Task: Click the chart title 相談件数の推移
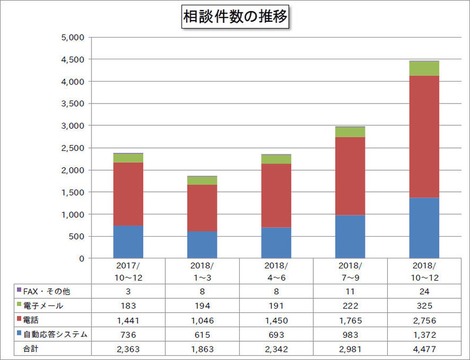point(235,17)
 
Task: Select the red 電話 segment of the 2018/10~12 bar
point(424,136)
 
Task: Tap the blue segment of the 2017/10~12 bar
point(128,242)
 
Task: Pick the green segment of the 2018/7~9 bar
point(350,132)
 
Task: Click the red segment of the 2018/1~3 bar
point(202,208)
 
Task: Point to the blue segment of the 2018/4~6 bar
point(276,243)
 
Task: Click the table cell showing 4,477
point(424,349)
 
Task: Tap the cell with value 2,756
point(424,320)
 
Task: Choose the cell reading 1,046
point(202,320)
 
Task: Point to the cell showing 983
point(350,334)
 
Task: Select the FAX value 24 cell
point(424,291)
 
